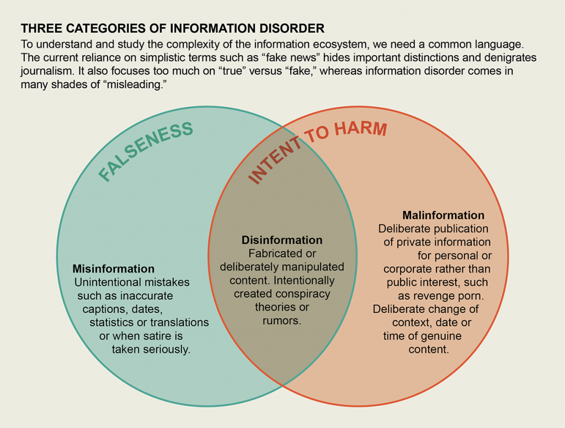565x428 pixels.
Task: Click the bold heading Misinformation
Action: [x=114, y=269]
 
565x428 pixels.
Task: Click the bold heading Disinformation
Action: [x=282, y=240]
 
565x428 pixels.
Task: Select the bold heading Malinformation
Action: [x=443, y=215]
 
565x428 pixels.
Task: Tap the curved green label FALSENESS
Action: [x=146, y=151]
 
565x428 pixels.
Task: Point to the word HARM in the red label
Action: [x=361, y=129]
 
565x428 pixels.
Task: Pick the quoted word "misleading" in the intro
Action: [x=137, y=85]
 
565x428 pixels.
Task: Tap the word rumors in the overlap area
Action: [x=282, y=320]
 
